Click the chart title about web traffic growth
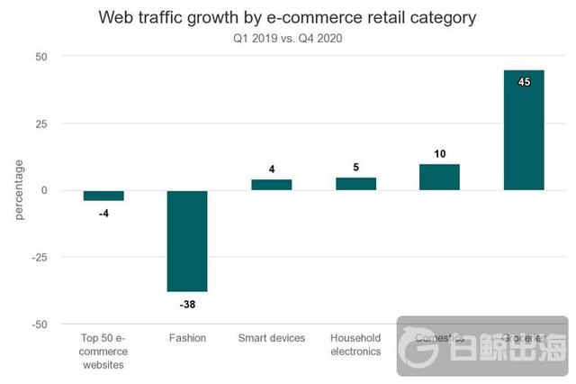click(x=287, y=17)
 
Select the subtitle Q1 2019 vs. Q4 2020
click(x=288, y=38)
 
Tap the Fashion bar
click(x=187, y=241)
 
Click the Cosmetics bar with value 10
click(x=439, y=177)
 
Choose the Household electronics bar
click(x=355, y=184)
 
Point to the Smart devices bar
click(x=271, y=185)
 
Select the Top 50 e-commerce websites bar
click(x=103, y=196)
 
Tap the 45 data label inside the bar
click(x=524, y=82)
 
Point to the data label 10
click(x=439, y=154)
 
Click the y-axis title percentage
click(x=20, y=190)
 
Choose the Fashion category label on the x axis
click(x=187, y=338)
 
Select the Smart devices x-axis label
click(x=271, y=338)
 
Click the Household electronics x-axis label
click(x=355, y=344)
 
